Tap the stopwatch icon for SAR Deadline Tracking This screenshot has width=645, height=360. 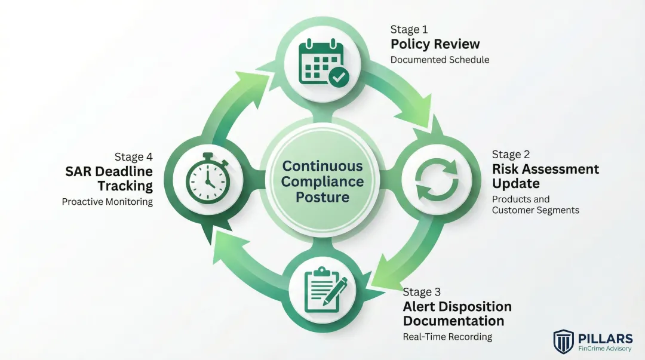point(207,178)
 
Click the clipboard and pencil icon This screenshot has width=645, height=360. point(322,290)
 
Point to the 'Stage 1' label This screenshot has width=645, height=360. point(409,29)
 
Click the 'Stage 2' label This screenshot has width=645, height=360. point(511,154)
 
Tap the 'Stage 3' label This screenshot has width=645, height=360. point(422,292)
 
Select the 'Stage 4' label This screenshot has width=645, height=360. point(134,157)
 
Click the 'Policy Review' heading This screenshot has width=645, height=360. point(435,44)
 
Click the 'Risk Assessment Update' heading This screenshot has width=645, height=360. point(545,176)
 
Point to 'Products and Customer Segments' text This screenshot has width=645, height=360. point(535,204)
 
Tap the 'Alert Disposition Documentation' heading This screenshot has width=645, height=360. point(457,314)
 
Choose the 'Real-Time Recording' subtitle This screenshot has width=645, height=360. point(447,337)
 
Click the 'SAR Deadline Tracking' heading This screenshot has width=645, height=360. point(109,179)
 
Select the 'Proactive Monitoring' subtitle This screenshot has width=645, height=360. point(107,202)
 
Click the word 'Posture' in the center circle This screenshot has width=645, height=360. point(322,197)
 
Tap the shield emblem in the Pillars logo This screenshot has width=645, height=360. point(563,341)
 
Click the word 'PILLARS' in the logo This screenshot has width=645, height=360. point(604,338)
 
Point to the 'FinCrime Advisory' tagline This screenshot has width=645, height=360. point(604,349)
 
